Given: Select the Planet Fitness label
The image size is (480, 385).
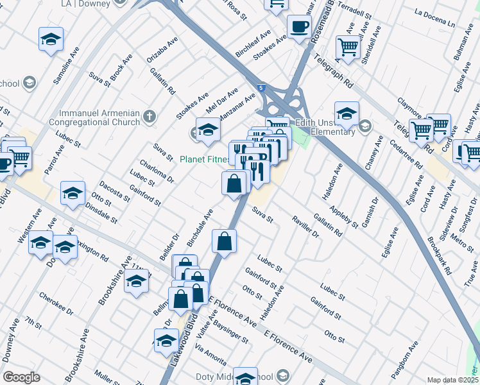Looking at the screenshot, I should coord(204,160).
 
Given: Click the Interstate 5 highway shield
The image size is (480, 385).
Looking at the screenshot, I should coord(260,87).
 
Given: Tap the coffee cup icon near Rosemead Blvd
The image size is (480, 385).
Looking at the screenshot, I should coord(299,28).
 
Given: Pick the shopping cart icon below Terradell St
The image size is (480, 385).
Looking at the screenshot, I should coord(348,47).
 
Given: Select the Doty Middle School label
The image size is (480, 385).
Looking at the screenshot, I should coord(263,377).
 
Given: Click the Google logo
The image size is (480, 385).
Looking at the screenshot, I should coord(21,377).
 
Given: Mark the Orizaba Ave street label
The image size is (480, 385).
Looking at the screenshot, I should coord(162,51).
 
